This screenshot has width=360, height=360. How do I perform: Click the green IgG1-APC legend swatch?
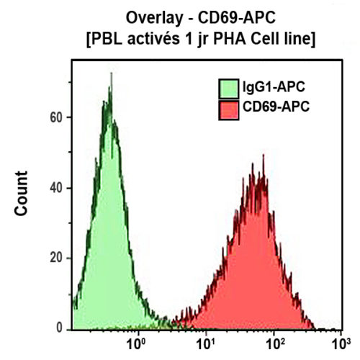tap(229, 89)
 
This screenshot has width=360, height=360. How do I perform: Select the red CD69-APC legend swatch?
tap(229, 109)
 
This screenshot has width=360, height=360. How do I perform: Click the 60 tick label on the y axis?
tap(56, 117)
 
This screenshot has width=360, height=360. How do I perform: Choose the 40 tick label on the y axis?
tap(56, 188)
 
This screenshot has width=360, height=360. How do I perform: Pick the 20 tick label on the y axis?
tap(56, 258)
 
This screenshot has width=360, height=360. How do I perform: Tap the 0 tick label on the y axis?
tap(60, 328)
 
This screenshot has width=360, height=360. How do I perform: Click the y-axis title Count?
tap(22, 193)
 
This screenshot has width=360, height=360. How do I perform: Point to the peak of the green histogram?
tap(110, 74)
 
